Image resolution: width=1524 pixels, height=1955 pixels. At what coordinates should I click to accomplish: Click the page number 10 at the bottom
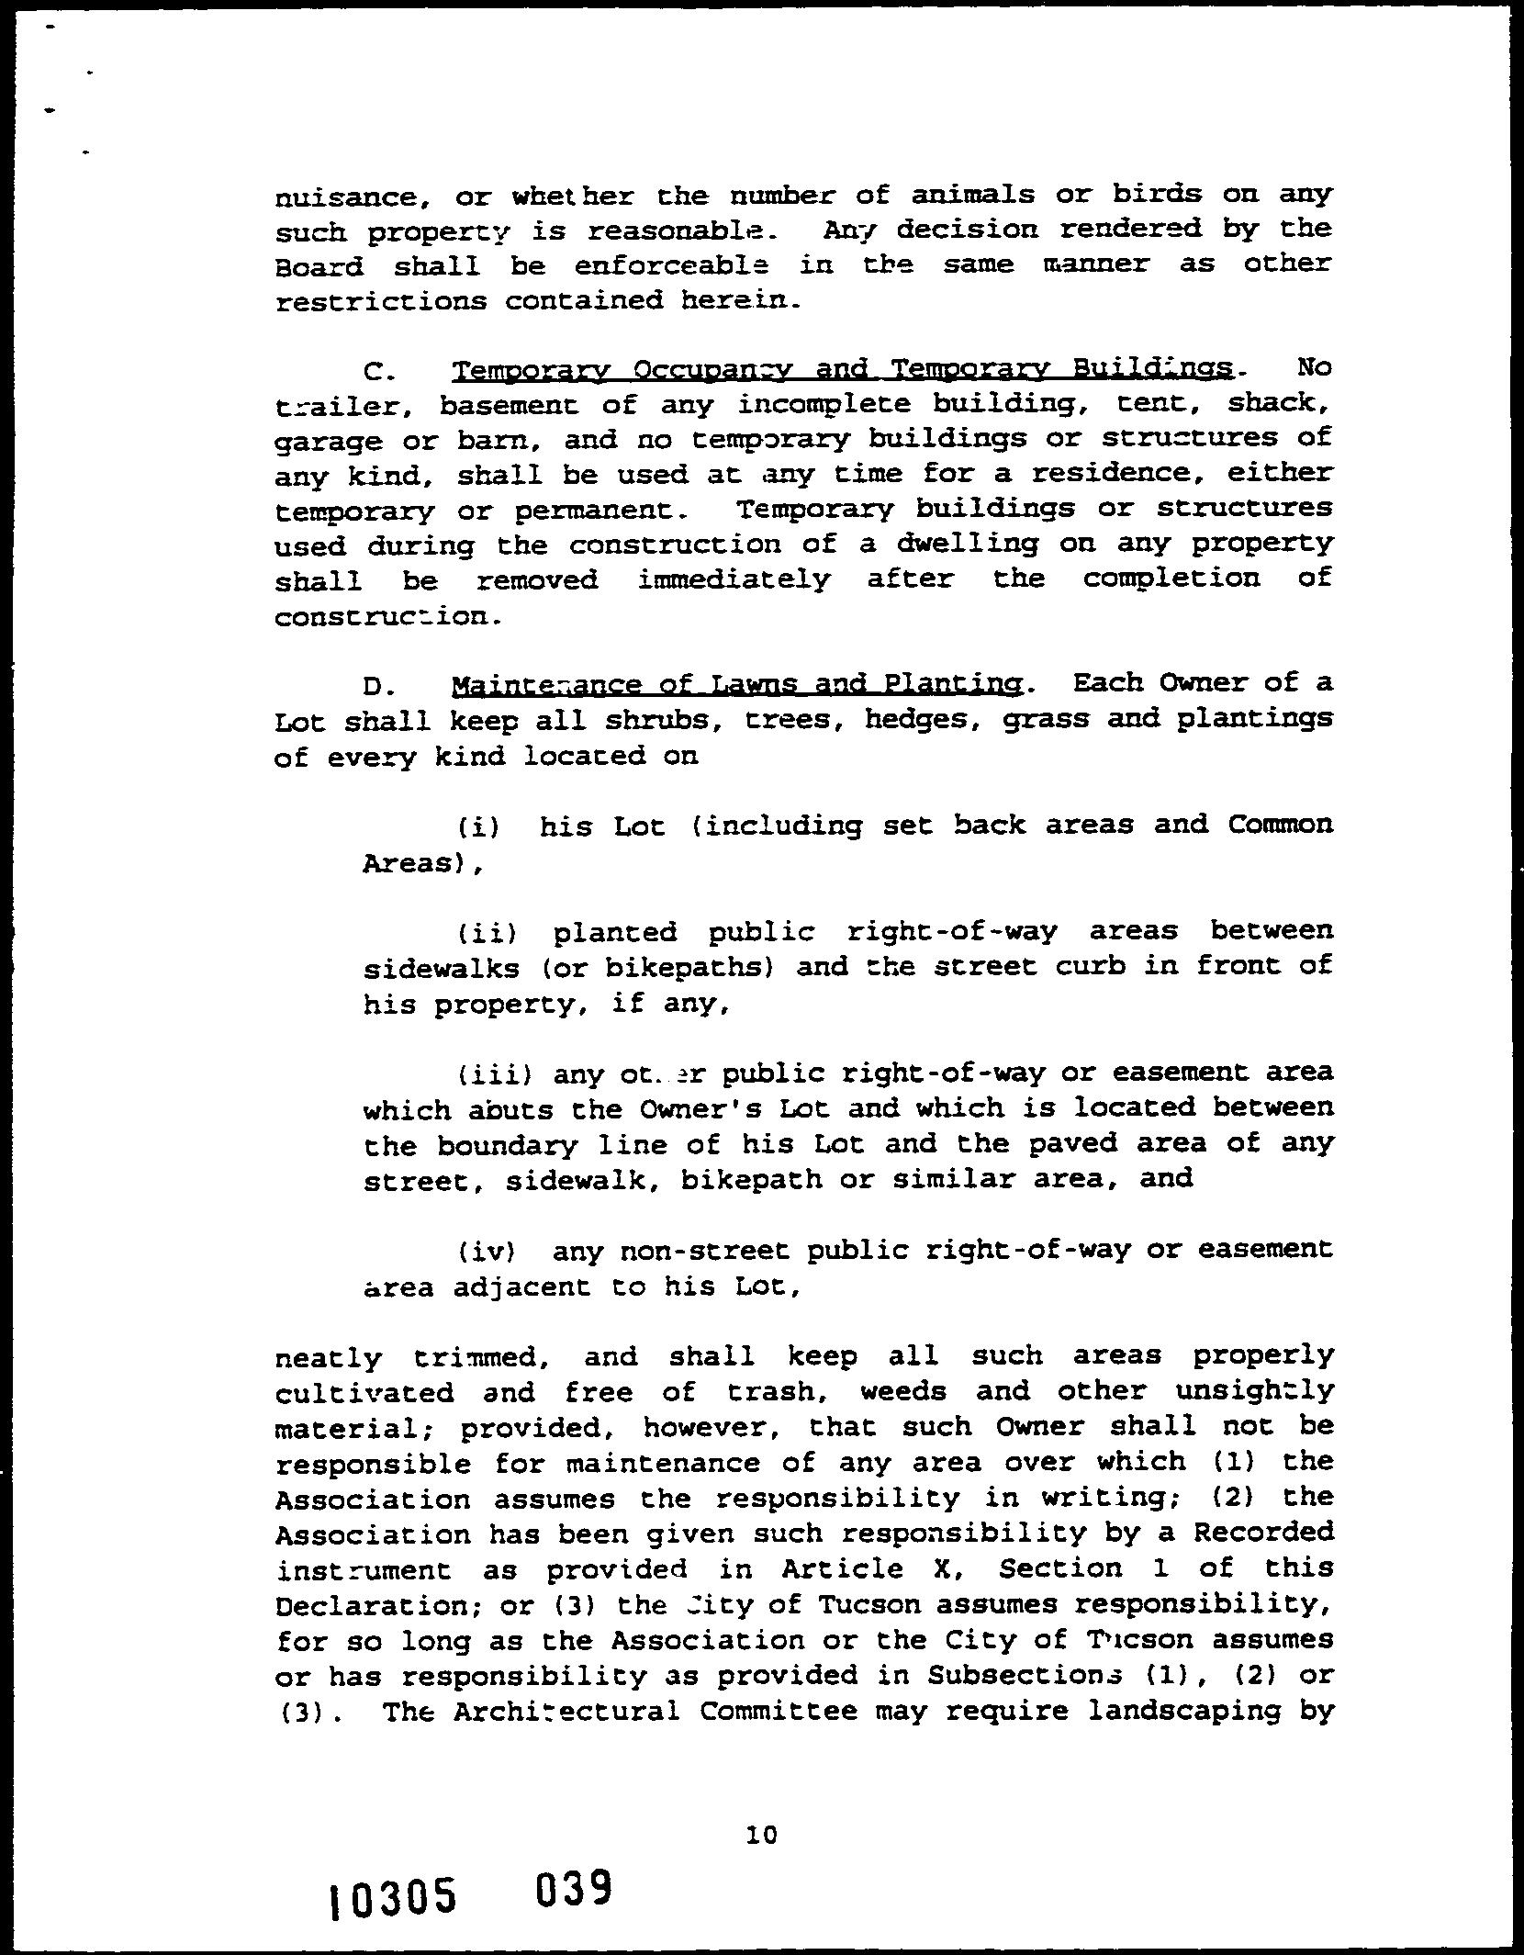point(761,1835)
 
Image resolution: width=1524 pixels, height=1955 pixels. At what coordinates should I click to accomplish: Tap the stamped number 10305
point(393,1897)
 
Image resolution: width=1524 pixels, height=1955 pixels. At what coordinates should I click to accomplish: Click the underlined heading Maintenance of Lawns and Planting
point(735,685)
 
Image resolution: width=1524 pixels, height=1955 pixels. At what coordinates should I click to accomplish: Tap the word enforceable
point(672,265)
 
